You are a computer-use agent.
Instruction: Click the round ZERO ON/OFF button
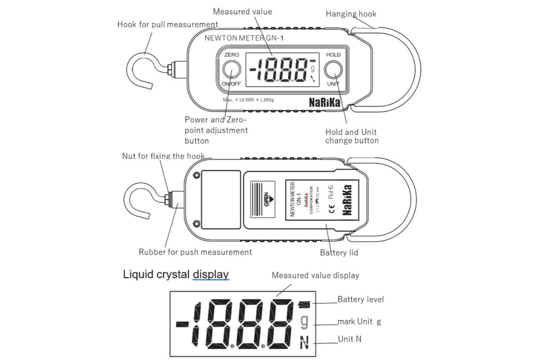(x=231, y=70)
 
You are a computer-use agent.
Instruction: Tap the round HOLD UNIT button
(x=333, y=70)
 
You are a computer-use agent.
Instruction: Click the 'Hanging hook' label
(x=351, y=14)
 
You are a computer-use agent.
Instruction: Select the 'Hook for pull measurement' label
(x=167, y=24)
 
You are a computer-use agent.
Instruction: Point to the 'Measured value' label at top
(x=242, y=11)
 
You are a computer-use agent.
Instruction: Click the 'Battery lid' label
(x=339, y=253)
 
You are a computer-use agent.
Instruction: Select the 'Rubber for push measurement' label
(x=195, y=252)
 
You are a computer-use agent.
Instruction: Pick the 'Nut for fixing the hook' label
(x=163, y=156)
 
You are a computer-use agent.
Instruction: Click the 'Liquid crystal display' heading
(x=176, y=274)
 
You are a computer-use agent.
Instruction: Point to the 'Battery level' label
(x=361, y=299)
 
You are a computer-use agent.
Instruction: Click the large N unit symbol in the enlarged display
(x=304, y=343)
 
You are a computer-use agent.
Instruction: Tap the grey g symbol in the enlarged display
(x=304, y=322)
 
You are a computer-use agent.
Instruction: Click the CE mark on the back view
(x=331, y=208)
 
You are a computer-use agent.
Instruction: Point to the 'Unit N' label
(x=350, y=339)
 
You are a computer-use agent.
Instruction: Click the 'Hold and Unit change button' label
(x=352, y=136)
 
